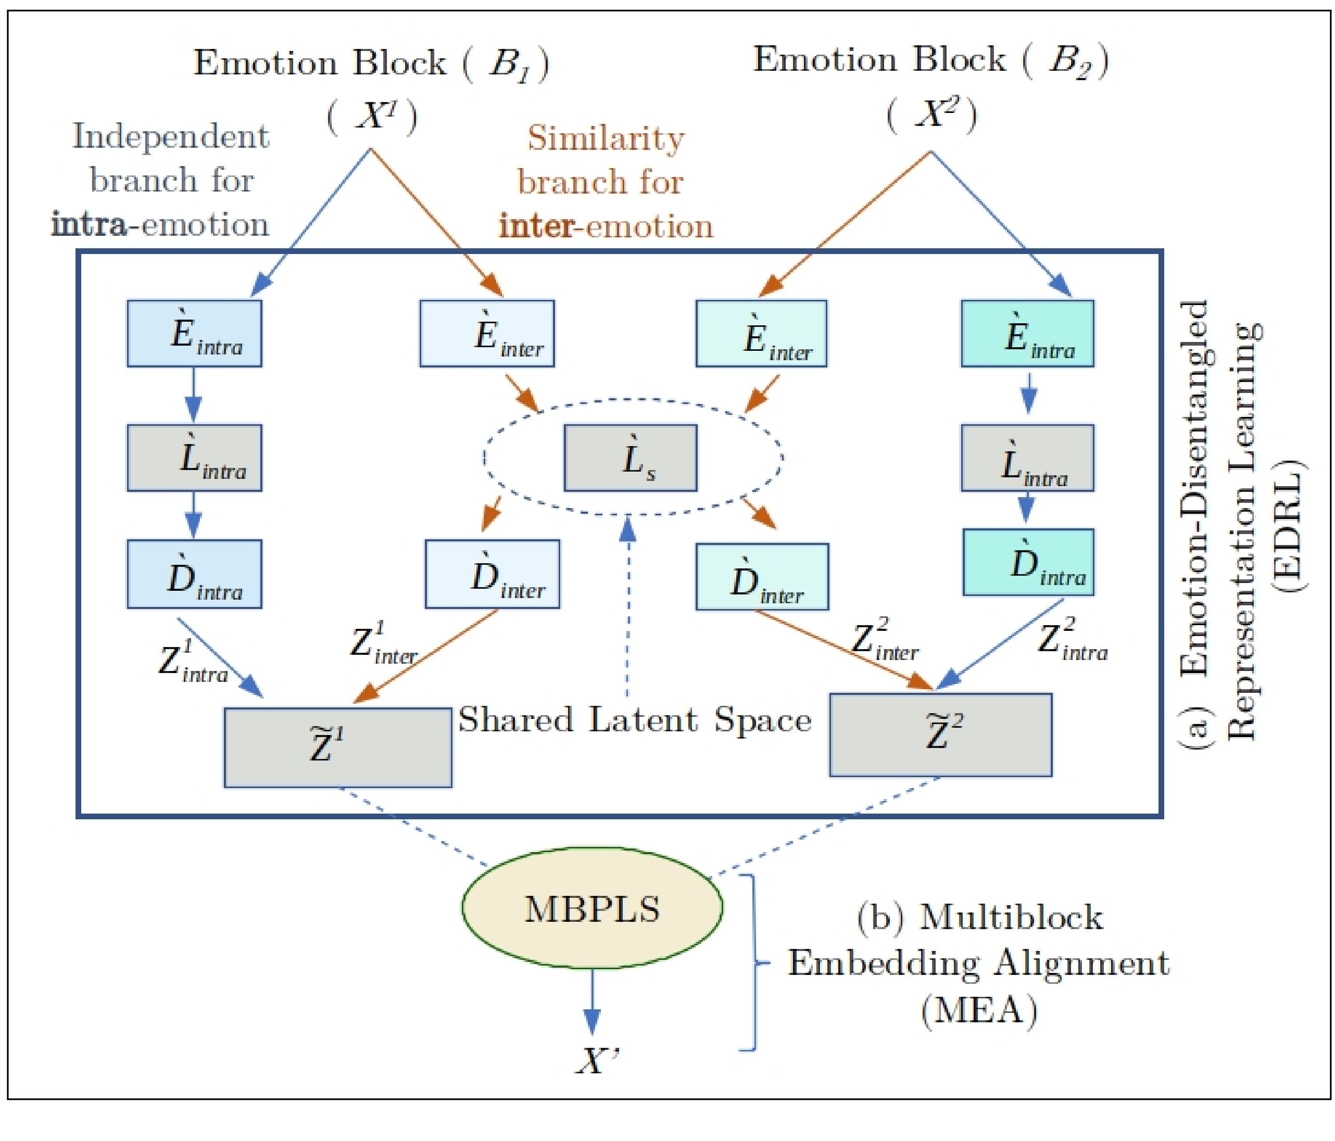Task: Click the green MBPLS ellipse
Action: click(x=592, y=907)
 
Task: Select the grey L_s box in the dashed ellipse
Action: click(x=630, y=458)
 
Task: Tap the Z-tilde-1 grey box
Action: click(x=337, y=747)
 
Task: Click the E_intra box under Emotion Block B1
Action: click(x=194, y=333)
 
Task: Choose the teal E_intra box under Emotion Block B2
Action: click(x=1027, y=333)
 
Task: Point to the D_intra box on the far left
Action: click(x=194, y=574)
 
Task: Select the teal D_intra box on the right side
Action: click(x=1028, y=562)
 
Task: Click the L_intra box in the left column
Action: click(x=194, y=458)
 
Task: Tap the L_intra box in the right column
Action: click(x=1027, y=458)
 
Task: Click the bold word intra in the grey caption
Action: click(x=90, y=225)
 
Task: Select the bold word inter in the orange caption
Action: click(x=536, y=227)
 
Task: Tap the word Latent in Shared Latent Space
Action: click(x=643, y=720)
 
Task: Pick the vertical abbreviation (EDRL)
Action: click(x=1287, y=525)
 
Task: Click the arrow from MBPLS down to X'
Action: click(x=591, y=1002)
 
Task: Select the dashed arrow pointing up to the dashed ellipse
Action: click(x=627, y=605)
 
